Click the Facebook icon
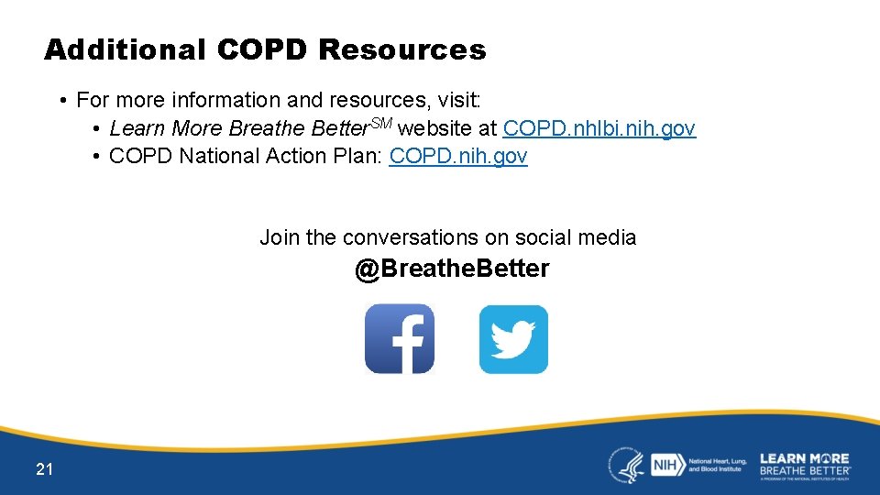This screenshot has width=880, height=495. tap(400, 339)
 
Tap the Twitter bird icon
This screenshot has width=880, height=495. tap(513, 339)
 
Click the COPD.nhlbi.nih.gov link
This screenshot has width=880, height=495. tap(599, 129)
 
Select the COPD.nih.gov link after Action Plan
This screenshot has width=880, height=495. tap(458, 157)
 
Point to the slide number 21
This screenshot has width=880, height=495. tap(44, 470)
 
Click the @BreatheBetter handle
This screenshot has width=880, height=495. tap(452, 269)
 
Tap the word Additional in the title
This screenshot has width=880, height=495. tap(125, 49)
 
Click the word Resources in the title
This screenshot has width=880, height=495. tap(402, 49)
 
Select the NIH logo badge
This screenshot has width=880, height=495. tap(664, 466)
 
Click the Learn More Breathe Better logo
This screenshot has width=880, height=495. tap(805, 465)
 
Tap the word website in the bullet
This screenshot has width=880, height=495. tap(434, 129)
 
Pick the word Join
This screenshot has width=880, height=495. tap(280, 238)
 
